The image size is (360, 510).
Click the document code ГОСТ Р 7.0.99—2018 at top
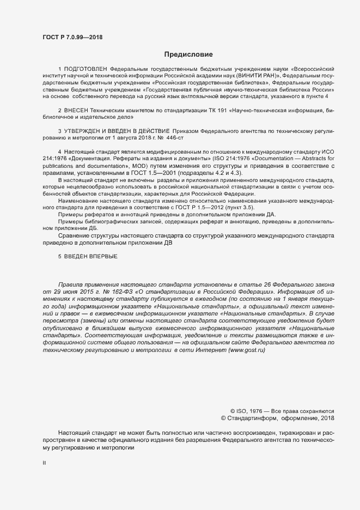tap(72, 37)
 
